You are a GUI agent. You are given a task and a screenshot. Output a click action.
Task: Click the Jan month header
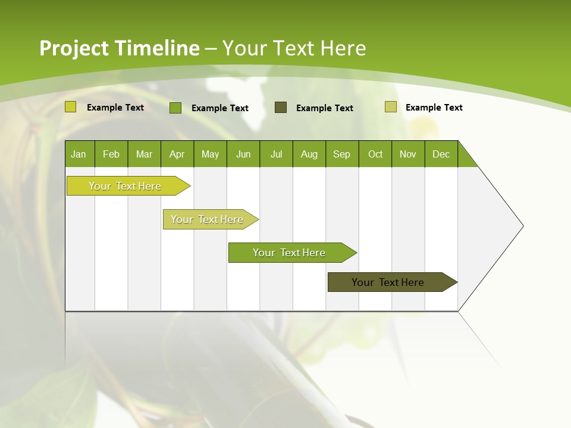79,154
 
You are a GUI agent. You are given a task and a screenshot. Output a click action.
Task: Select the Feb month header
111,154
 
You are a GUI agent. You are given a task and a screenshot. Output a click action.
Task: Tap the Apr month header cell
177,154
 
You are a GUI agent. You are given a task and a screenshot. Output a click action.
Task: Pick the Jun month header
243,154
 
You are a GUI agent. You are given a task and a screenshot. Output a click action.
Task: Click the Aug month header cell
309,154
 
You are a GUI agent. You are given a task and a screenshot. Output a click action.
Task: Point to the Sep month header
342,154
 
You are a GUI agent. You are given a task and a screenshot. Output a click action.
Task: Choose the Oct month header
375,154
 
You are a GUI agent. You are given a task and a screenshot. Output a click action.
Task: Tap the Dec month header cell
441,154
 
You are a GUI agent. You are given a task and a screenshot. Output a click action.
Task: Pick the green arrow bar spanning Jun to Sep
290,253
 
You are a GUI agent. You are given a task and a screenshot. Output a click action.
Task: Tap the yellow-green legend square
71,107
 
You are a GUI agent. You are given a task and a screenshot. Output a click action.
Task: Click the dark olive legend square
281,107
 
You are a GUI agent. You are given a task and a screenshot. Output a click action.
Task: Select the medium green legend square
175,108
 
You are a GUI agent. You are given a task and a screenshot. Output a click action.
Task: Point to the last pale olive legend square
390,107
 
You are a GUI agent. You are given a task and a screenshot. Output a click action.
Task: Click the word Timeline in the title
156,48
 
